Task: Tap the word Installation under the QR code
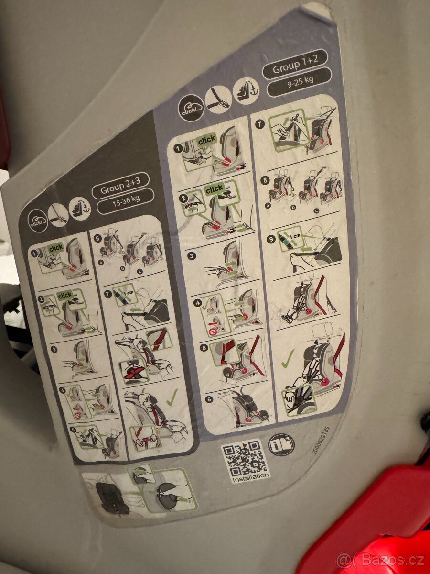point(250,476)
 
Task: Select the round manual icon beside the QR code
point(282,444)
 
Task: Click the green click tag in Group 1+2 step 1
point(207,140)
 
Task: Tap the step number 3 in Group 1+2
point(191,256)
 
